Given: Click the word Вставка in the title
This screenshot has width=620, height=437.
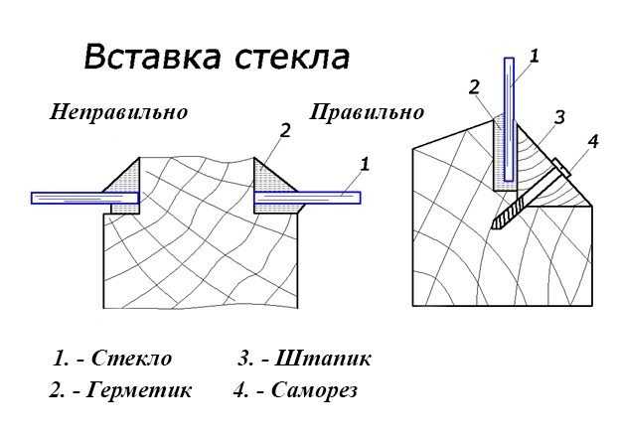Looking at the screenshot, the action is (x=152, y=57).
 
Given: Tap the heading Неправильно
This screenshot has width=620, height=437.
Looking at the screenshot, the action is (x=118, y=112).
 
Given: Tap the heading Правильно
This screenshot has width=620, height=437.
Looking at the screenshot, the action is (x=367, y=112).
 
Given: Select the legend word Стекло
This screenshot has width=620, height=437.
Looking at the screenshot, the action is (x=132, y=359).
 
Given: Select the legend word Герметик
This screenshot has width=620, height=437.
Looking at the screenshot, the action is (x=139, y=390).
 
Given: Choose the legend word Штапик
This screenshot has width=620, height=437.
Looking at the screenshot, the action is (x=322, y=359).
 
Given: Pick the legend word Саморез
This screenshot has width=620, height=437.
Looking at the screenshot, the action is (x=314, y=390).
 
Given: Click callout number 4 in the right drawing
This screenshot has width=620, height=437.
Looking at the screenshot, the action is (x=593, y=141).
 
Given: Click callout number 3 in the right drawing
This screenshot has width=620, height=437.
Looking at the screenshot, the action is (x=559, y=117).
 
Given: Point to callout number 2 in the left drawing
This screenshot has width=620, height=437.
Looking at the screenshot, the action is (x=285, y=130).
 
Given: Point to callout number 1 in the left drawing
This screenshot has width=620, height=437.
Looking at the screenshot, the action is (x=365, y=164).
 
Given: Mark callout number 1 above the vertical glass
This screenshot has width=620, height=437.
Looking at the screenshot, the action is (x=535, y=57).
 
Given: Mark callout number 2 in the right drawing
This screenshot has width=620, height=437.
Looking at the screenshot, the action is (x=474, y=87).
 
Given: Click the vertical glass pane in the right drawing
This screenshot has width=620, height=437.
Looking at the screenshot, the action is (x=510, y=119).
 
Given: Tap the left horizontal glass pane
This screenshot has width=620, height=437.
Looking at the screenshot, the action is (x=85, y=198).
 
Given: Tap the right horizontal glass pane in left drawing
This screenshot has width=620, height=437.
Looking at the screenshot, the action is (x=307, y=198).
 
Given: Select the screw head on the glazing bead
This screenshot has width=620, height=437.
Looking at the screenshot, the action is (x=561, y=168).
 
